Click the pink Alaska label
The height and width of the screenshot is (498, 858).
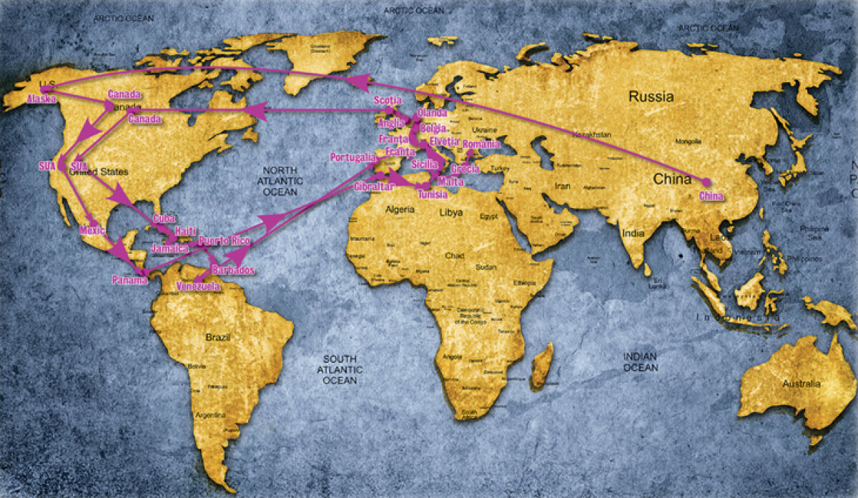tap(41, 99)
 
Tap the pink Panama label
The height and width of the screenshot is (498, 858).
tap(129, 280)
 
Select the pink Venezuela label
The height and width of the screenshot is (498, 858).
tap(198, 287)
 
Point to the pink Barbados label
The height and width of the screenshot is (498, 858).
tap(233, 271)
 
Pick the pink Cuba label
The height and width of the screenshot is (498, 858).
tap(164, 219)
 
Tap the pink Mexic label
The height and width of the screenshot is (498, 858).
tap(93, 231)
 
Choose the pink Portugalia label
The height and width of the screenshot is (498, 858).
tap(352, 156)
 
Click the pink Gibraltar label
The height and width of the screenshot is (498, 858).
tap(374, 186)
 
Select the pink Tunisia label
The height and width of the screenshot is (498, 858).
tap(433, 194)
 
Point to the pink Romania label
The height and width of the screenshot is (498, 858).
tap(481, 145)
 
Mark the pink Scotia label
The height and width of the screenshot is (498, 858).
tap(388, 101)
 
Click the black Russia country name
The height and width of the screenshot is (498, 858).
tap(651, 96)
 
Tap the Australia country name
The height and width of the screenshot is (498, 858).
tap(801, 384)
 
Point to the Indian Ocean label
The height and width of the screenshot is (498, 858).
tap(640, 362)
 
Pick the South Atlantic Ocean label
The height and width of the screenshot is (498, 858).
tap(340, 369)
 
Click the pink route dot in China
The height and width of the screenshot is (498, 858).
tap(706, 182)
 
